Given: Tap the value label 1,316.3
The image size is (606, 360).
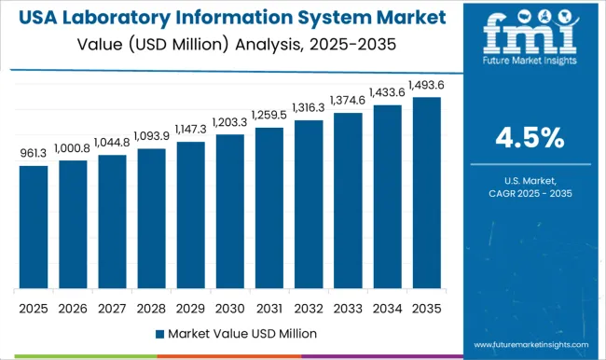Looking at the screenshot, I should point(309,109).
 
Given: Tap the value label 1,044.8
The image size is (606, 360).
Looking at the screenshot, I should point(112,145).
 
